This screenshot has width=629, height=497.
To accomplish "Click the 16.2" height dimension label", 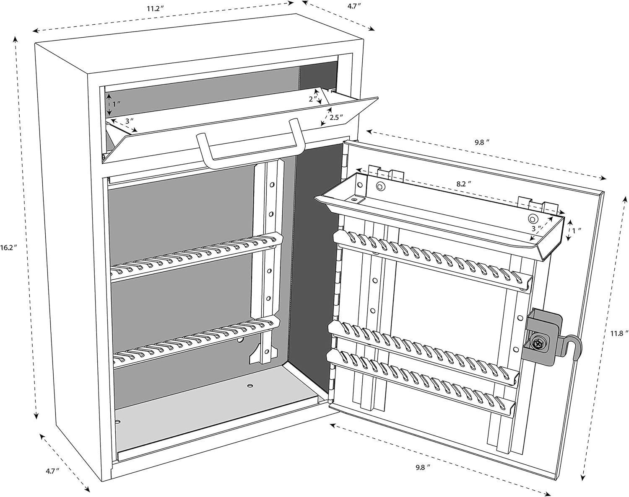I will click(9, 247).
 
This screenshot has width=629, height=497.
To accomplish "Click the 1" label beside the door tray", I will click(578, 230).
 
